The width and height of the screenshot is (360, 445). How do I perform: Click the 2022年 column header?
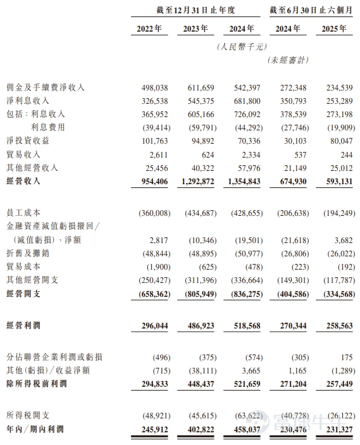(149, 29)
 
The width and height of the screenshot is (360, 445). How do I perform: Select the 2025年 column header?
(333, 29)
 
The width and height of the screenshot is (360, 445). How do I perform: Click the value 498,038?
(151, 87)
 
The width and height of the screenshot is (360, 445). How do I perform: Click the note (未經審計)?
(289, 60)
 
